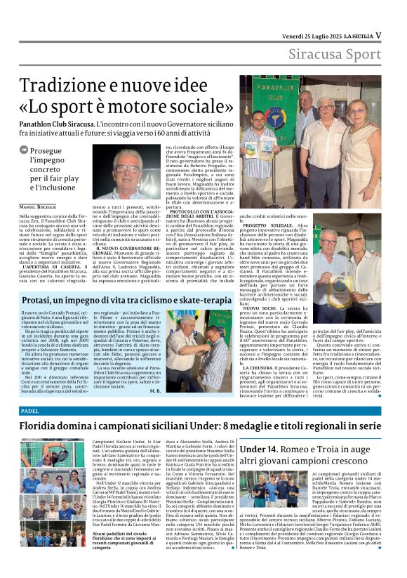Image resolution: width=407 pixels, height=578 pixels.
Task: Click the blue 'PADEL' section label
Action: pyautogui.click(x=30, y=409)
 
